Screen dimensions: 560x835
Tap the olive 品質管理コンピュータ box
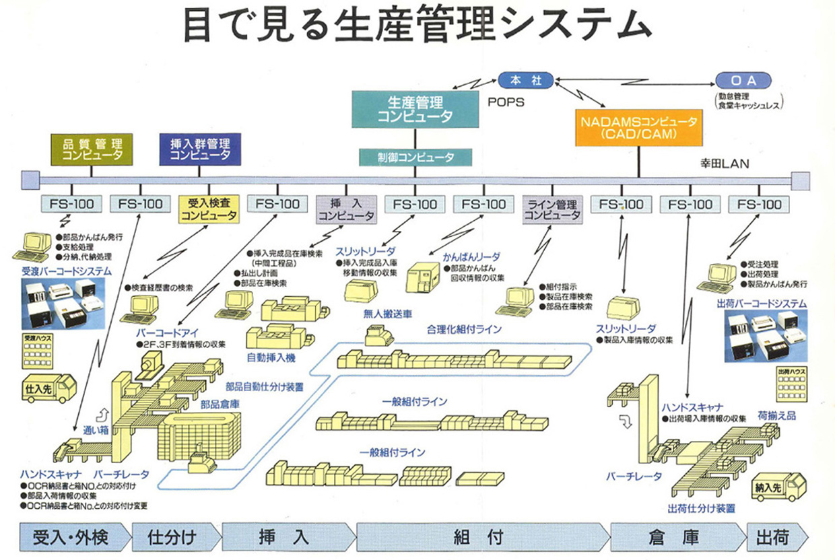[x=92, y=149]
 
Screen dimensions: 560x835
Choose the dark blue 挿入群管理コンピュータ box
[x=200, y=149]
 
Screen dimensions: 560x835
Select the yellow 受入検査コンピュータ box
[x=209, y=209]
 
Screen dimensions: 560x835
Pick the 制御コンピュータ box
[x=415, y=157]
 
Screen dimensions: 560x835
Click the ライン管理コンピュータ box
[x=552, y=209]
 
